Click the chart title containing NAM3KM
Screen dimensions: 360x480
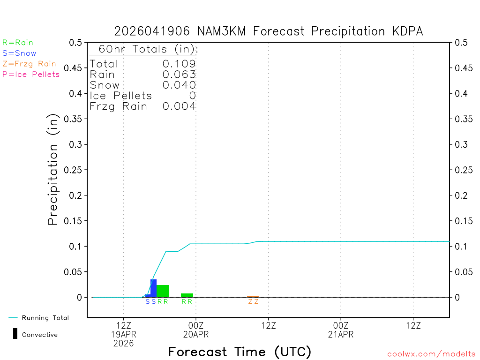pyautogui.click(x=269, y=31)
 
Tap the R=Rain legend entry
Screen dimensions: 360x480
pyautogui.click(x=18, y=43)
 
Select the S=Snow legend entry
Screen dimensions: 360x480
pyautogui.click(x=19, y=53)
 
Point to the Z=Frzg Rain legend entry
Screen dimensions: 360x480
pyautogui.click(x=29, y=64)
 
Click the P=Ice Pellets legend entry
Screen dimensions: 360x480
pyautogui.click(x=31, y=74)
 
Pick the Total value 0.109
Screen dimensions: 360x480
pyautogui.click(x=179, y=64)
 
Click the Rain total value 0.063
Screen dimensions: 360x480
pyautogui.click(x=179, y=75)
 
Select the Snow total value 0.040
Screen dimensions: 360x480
pyautogui.click(x=179, y=85)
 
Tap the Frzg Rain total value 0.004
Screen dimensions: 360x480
pyautogui.click(x=179, y=106)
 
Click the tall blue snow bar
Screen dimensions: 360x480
pyautogui.click(x=153, y=288)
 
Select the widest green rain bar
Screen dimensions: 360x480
pyautogui.click(x=163, y=291)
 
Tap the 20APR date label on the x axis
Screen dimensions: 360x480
pyautogui.click(x=196, y=335)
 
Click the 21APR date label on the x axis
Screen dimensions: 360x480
pyautogui.click(x=341, y=335)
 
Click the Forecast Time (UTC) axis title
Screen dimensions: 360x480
pyautogui.click(x=240, y=352)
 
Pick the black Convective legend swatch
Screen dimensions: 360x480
pyautogui.click(x=15, y=334)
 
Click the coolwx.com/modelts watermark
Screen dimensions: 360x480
pyautogui.click(x=431, y=354)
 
